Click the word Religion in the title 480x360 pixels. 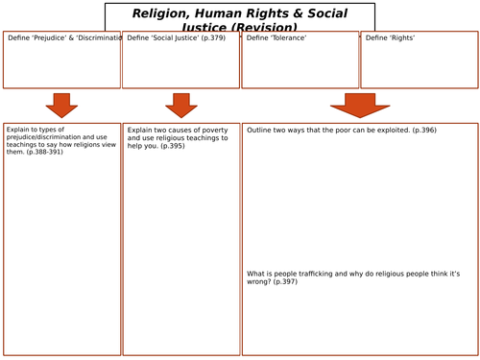pos(162,13)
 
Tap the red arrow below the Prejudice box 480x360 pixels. pos(62,105)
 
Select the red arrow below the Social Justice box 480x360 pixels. pos(181,105)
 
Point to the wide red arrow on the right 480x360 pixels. pos(360,105)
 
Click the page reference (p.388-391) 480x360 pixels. pos(45,153)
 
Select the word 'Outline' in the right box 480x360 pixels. pos(261,130)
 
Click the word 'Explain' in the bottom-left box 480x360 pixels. pos(19,129)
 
